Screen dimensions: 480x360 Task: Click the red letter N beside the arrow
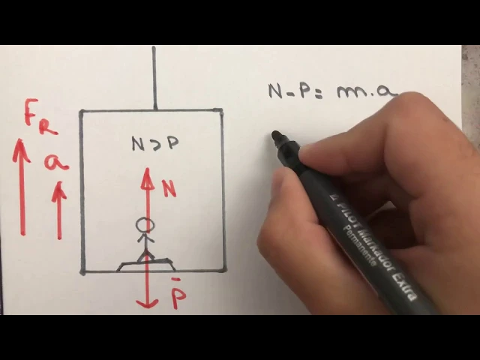pyautogui.click(x=169, y=188)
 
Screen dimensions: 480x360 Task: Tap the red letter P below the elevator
pyautogui.click(x=178, y=296)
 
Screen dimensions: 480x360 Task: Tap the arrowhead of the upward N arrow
pyautogui.click(x=148, y=175)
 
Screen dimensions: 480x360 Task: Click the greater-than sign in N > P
pyautogui.click(x=154, y=143)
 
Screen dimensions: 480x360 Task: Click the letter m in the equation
pyautogui.click(x=349, y=92)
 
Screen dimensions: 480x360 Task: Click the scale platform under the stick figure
pyautogui.click(x=146, y=264)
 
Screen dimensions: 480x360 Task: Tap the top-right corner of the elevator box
pyautogui.click(x=221, y=112)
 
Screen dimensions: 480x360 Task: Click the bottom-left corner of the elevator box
pyautogui.click(x=82, y=271)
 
